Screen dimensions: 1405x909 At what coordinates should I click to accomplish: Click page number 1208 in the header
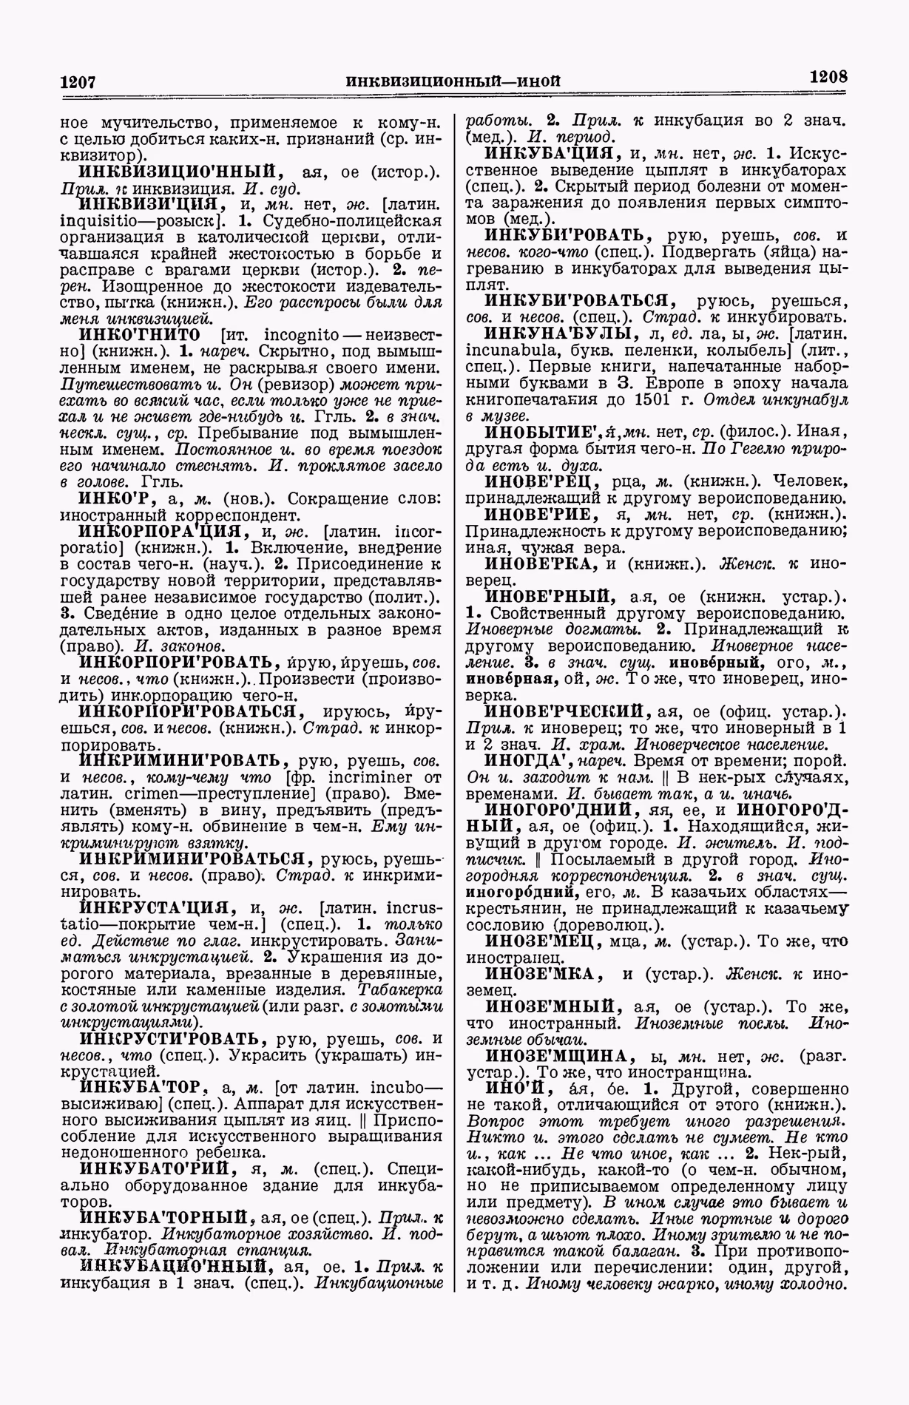(x=828, y=76)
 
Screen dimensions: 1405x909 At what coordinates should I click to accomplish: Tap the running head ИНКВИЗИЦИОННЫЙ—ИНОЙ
(x=453, y=80)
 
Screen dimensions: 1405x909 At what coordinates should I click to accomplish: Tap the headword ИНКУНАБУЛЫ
(x=558, y=334)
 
